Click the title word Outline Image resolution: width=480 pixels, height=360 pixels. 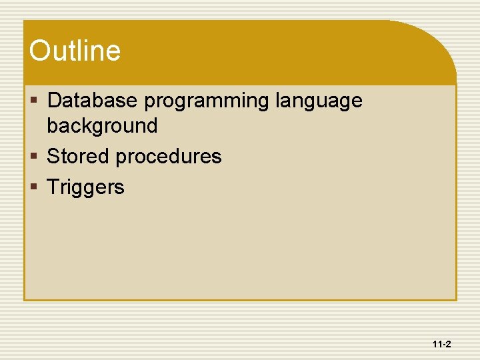pyautogui.click(x=75, y=51)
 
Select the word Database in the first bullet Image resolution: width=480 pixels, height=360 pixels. pyautogui.click(x=93, y=101)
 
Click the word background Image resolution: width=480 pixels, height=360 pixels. pyautogui.click(x=102, y=125)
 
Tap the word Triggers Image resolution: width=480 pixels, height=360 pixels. pyautogui.click(x=85, y=188)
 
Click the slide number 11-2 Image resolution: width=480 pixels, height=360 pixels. pyautogui.click(x=441, y=345)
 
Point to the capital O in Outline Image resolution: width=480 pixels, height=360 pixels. pyautogui.click(x=40, y=51)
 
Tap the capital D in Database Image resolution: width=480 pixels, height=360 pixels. pyautogui.click(x=55, y=101)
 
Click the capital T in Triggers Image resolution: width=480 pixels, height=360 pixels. pyautogui.click(x=52, y=187)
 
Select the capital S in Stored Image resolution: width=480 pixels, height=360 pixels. pyautogui.click(x=53, y=156)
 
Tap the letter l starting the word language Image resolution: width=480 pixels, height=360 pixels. pyautogui.click(x=277, y=101)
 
